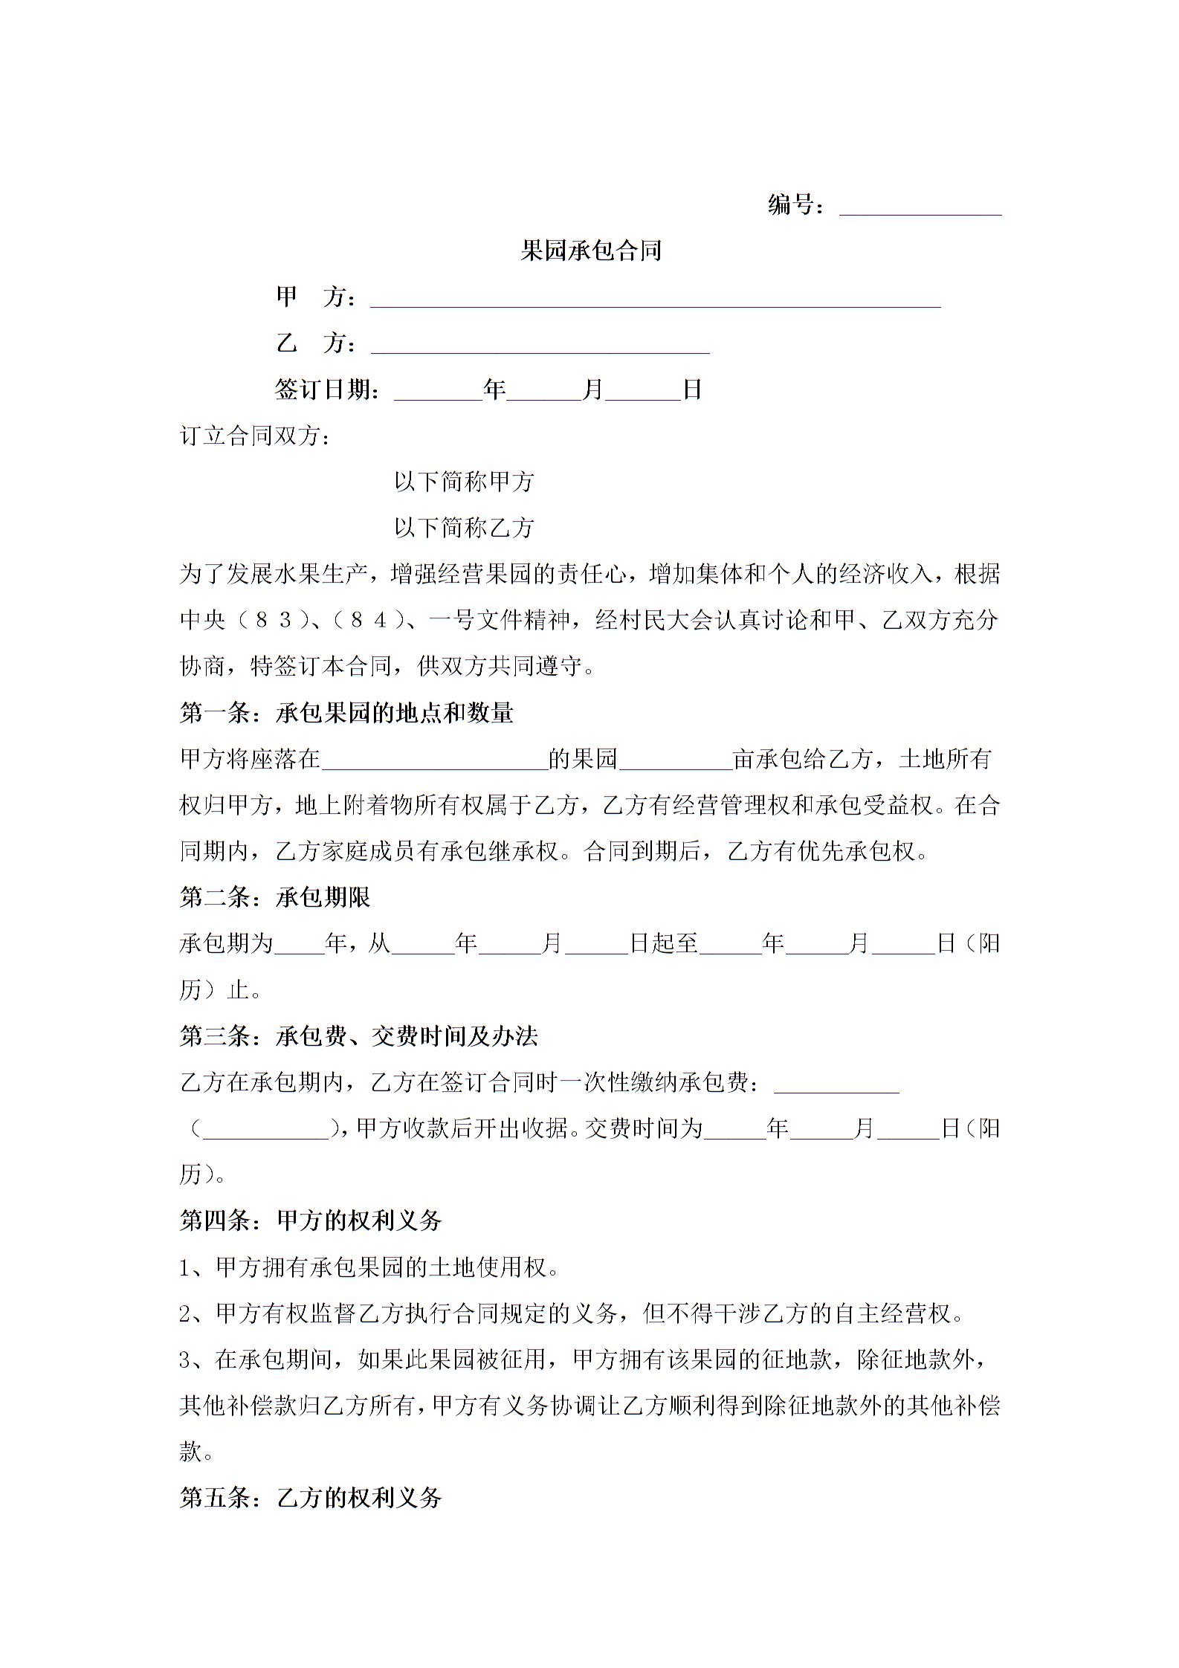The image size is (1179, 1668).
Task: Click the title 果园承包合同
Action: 590,250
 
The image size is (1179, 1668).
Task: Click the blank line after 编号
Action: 920,207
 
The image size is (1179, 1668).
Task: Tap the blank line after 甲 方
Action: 655,299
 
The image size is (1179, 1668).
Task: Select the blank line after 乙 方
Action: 540,346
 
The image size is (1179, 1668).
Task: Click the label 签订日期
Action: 327,389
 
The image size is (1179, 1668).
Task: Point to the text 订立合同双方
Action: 253,436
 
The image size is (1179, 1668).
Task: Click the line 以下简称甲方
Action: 464,482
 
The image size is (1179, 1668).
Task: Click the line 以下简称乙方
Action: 464,528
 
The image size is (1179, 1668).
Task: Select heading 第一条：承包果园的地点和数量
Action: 346,713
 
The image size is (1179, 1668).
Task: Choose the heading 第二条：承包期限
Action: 275,897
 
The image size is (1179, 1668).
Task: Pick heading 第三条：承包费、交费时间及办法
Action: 359,1036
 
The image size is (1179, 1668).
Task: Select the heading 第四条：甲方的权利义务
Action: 311,1220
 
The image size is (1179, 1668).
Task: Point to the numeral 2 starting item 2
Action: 186,1314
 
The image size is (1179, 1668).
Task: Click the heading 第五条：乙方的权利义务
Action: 311,1497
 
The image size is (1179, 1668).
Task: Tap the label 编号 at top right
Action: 794,204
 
